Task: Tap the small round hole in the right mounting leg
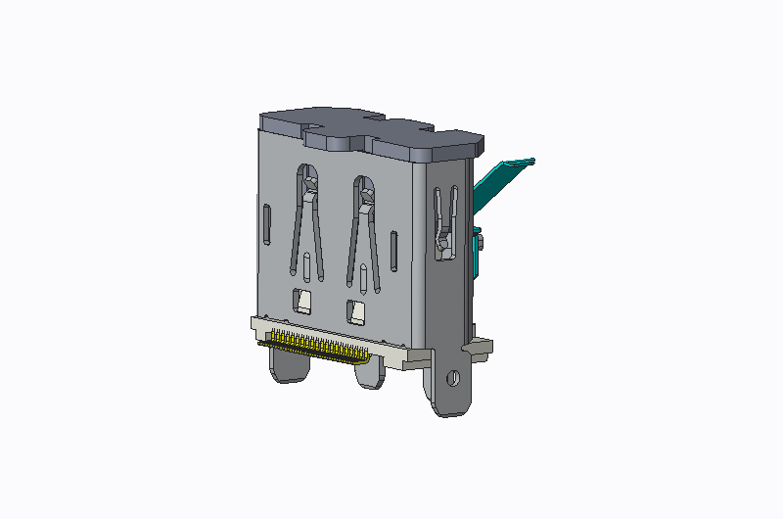click(452, 377)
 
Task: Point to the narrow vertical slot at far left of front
click(267, 224)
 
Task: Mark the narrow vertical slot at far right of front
click(393, 249)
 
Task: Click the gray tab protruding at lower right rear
click(480, 346)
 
